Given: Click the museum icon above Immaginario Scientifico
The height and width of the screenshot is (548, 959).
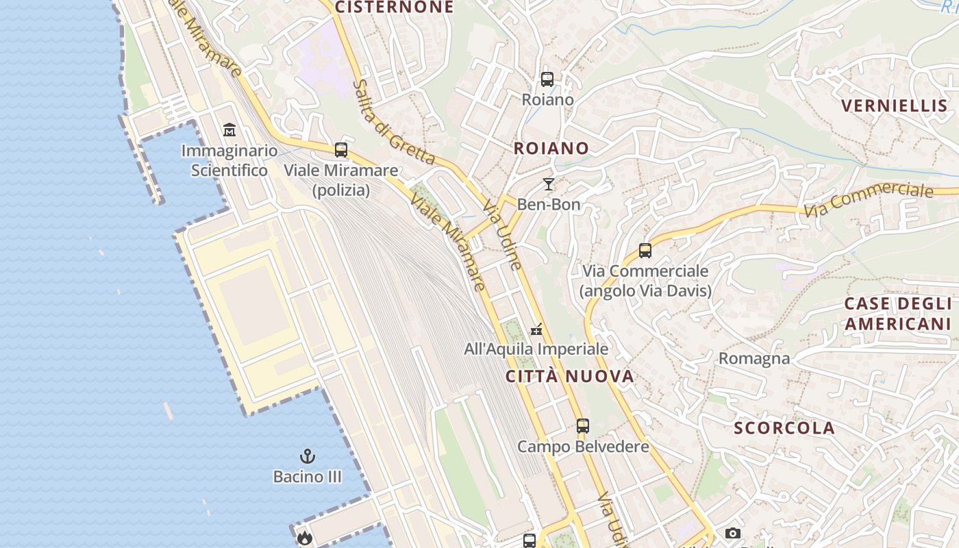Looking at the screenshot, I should (229, 129).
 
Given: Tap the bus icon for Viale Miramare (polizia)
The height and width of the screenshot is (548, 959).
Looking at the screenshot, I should (340, 149).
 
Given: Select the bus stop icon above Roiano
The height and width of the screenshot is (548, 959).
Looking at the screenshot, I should (547, 79).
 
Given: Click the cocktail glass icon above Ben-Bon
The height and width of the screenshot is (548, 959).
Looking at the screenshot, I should (548, 184).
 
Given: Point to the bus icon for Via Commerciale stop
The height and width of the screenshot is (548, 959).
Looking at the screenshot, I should (645, 251).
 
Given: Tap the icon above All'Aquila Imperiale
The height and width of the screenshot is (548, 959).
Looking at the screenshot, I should (537, 329).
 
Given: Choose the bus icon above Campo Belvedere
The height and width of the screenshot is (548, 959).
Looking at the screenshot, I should (582, 426).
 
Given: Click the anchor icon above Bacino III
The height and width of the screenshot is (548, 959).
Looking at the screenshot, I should (307, 456).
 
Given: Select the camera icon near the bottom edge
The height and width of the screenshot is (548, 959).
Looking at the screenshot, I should (732, 533).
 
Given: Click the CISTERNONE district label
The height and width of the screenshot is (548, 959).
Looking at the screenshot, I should (395, 8).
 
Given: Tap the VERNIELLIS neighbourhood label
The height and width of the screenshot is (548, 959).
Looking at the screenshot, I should (894, 105).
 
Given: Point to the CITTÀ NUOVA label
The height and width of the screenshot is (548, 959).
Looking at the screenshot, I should (570, 376).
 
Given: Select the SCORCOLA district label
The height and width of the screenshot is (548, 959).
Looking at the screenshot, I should (784, 428).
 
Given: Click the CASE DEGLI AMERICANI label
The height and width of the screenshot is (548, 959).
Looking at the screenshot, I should (897, 314).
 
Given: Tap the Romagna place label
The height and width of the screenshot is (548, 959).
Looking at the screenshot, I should (754, 358).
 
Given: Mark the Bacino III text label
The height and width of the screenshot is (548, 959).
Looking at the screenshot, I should (307, 476).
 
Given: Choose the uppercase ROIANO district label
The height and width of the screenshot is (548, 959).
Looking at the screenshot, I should (551, 148).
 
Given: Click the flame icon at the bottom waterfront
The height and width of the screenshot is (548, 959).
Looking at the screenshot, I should (304, 538).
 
